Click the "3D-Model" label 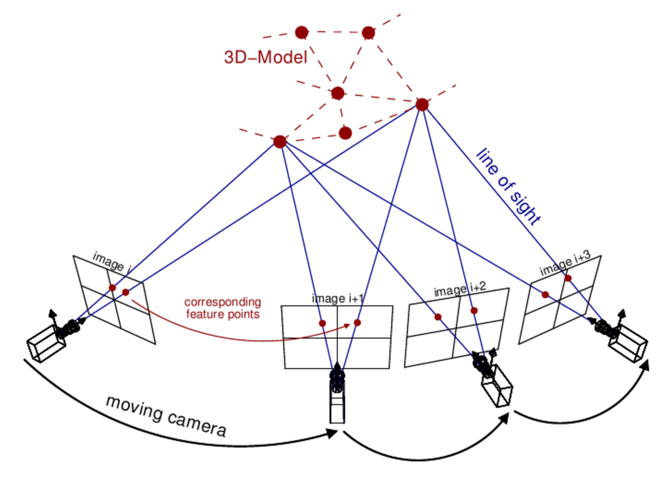[x=265, y=57]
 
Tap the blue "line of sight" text [x=508, y=187]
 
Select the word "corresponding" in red [x=223, y=302]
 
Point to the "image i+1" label [x=337, y=299]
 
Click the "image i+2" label [x=460, y=289]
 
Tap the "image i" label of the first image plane [x=111, y=262]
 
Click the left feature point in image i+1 [x=322, y=323]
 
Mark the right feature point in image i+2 [x=474, y=311]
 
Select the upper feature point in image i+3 [x=568, y=278]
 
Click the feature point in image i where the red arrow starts [x=126, y=293]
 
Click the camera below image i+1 [x=337, y=394]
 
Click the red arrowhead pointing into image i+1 [x=347, y=325]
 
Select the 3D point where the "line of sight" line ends [x=422, y=105]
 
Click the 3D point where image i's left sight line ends [x=280, y=142]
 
